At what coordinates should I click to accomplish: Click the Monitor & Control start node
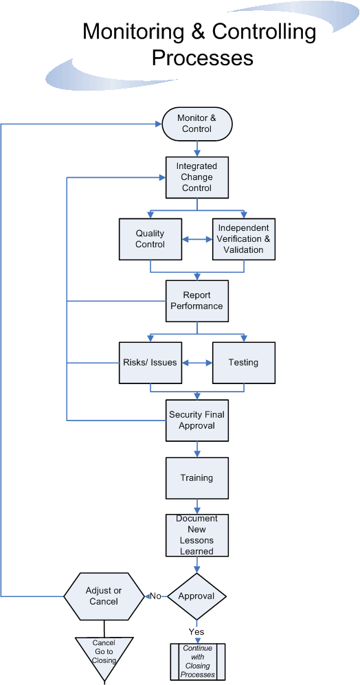point(197,124)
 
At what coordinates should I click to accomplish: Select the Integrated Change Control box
point(197,177)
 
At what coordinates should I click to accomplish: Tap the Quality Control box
point(150,239)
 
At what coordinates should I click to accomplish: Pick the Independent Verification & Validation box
point(243,239)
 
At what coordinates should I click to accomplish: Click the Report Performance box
point(197,301)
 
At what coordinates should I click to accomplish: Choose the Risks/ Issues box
point(150,362)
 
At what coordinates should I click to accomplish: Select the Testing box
point(243,362)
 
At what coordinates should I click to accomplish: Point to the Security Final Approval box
point(197,420)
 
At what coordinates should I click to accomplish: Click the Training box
point(197,478)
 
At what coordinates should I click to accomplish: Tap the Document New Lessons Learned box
point(197,535)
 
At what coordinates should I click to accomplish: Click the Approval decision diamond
point(197,596)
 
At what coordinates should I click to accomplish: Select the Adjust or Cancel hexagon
point(104,596)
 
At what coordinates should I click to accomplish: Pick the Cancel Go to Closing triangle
point(104,653)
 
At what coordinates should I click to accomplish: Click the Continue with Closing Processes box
point(198,661)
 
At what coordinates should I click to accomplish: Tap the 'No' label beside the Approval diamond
point(156,596)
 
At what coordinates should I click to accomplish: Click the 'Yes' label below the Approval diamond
point(196,631)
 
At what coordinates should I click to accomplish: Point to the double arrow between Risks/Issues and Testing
point(197,362)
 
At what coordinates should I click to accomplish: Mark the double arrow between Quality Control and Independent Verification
point(197,239)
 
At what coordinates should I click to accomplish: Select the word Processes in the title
point(203,58)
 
